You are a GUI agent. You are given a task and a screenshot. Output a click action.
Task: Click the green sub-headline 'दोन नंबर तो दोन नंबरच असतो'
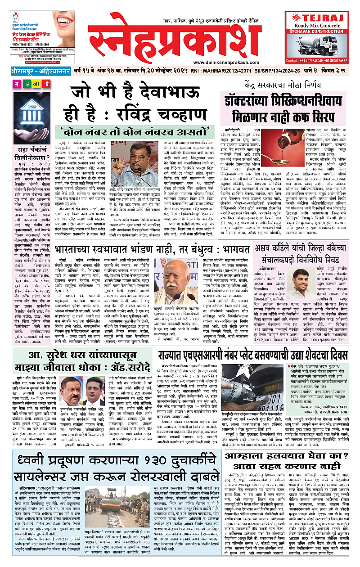(135, 132)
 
